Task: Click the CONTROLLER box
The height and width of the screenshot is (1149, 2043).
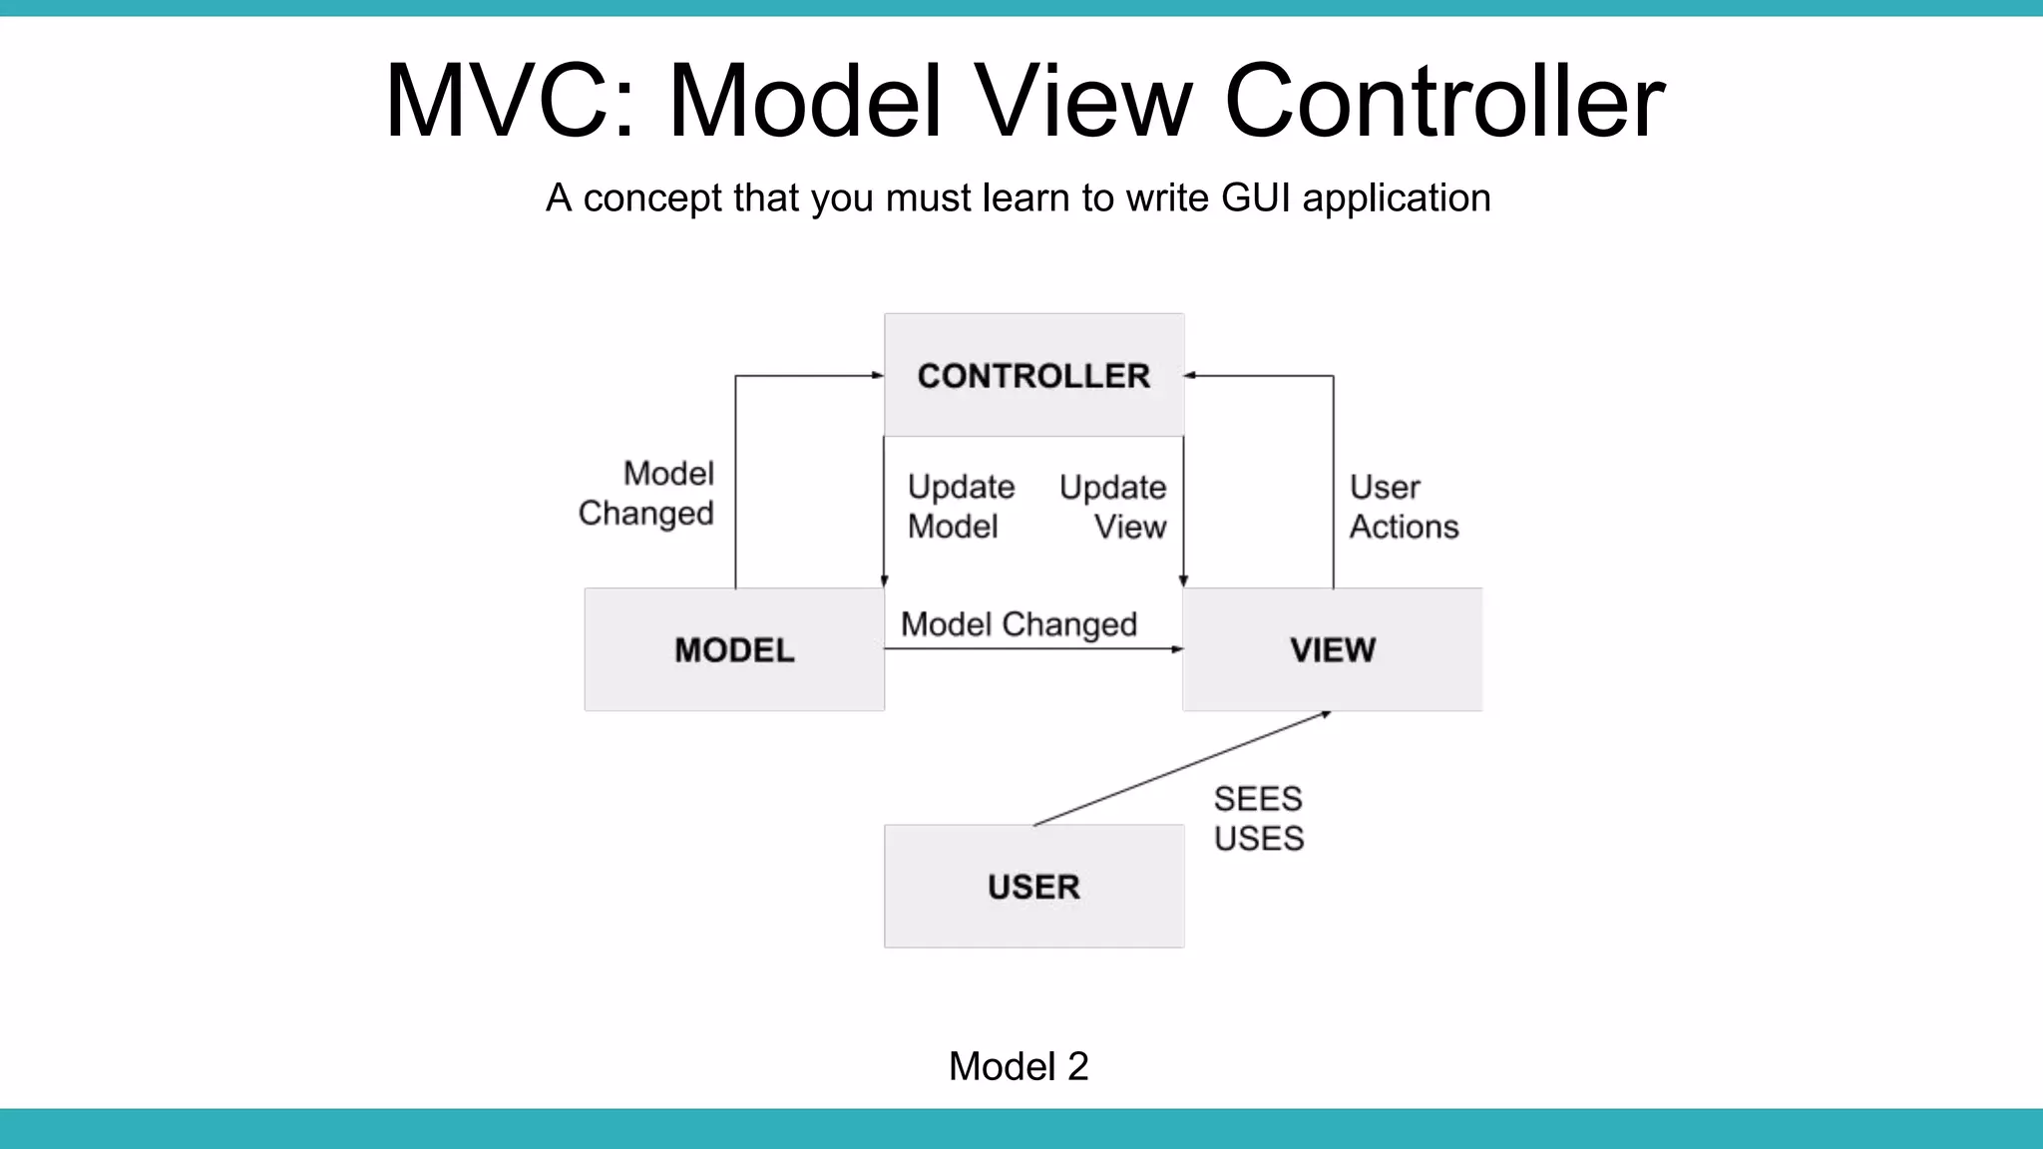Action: point(1033,375)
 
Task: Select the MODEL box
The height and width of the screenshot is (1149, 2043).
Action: point(734,649)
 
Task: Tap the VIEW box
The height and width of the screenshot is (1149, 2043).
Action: point(1333,649)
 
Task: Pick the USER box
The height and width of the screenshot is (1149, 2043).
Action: point(1033,886)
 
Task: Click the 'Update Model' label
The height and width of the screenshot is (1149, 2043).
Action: point(960,507)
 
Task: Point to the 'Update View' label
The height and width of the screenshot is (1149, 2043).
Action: point(1113,507)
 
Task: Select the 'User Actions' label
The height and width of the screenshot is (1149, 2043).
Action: point(1403,507)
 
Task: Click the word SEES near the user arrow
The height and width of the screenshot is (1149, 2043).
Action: point(1258,799)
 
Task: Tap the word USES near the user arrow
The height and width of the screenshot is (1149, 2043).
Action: point(1259,838)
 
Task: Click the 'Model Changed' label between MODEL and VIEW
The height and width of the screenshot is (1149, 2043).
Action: point(1019,624)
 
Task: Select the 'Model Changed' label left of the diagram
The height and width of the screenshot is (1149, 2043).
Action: point(646,493)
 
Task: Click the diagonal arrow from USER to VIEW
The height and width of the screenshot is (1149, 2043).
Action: point(1182,768)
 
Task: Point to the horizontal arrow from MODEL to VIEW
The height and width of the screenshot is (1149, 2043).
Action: point(1033,649)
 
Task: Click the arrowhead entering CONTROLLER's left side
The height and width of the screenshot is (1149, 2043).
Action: point(877,376)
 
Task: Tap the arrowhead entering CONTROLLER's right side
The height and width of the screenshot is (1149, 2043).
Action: point(1191,376)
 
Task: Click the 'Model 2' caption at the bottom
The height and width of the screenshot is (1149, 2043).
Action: point(1019,1066)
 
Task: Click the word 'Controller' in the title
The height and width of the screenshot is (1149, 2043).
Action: point(1443,101)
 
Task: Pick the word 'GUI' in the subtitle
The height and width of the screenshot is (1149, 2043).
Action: point(1256,197)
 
